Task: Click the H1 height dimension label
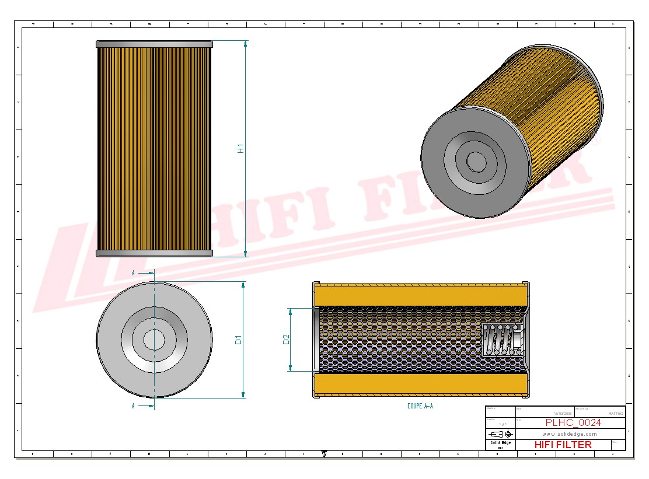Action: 240,148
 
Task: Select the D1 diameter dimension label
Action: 238,340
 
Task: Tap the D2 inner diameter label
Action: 286,339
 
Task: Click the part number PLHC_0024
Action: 573,423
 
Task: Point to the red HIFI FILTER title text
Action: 563,445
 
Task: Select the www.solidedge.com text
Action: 569,434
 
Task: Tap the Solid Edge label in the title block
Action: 500,443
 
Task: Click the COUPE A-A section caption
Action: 420,406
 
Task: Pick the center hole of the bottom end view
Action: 154,340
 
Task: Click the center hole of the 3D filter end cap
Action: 476,162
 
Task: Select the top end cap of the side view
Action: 154,44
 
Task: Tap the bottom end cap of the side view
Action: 154,253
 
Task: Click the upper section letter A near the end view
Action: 134,272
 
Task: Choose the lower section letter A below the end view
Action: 134,406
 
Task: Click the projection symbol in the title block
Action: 501,434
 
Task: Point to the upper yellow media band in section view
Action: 420,295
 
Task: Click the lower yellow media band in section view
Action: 420,383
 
